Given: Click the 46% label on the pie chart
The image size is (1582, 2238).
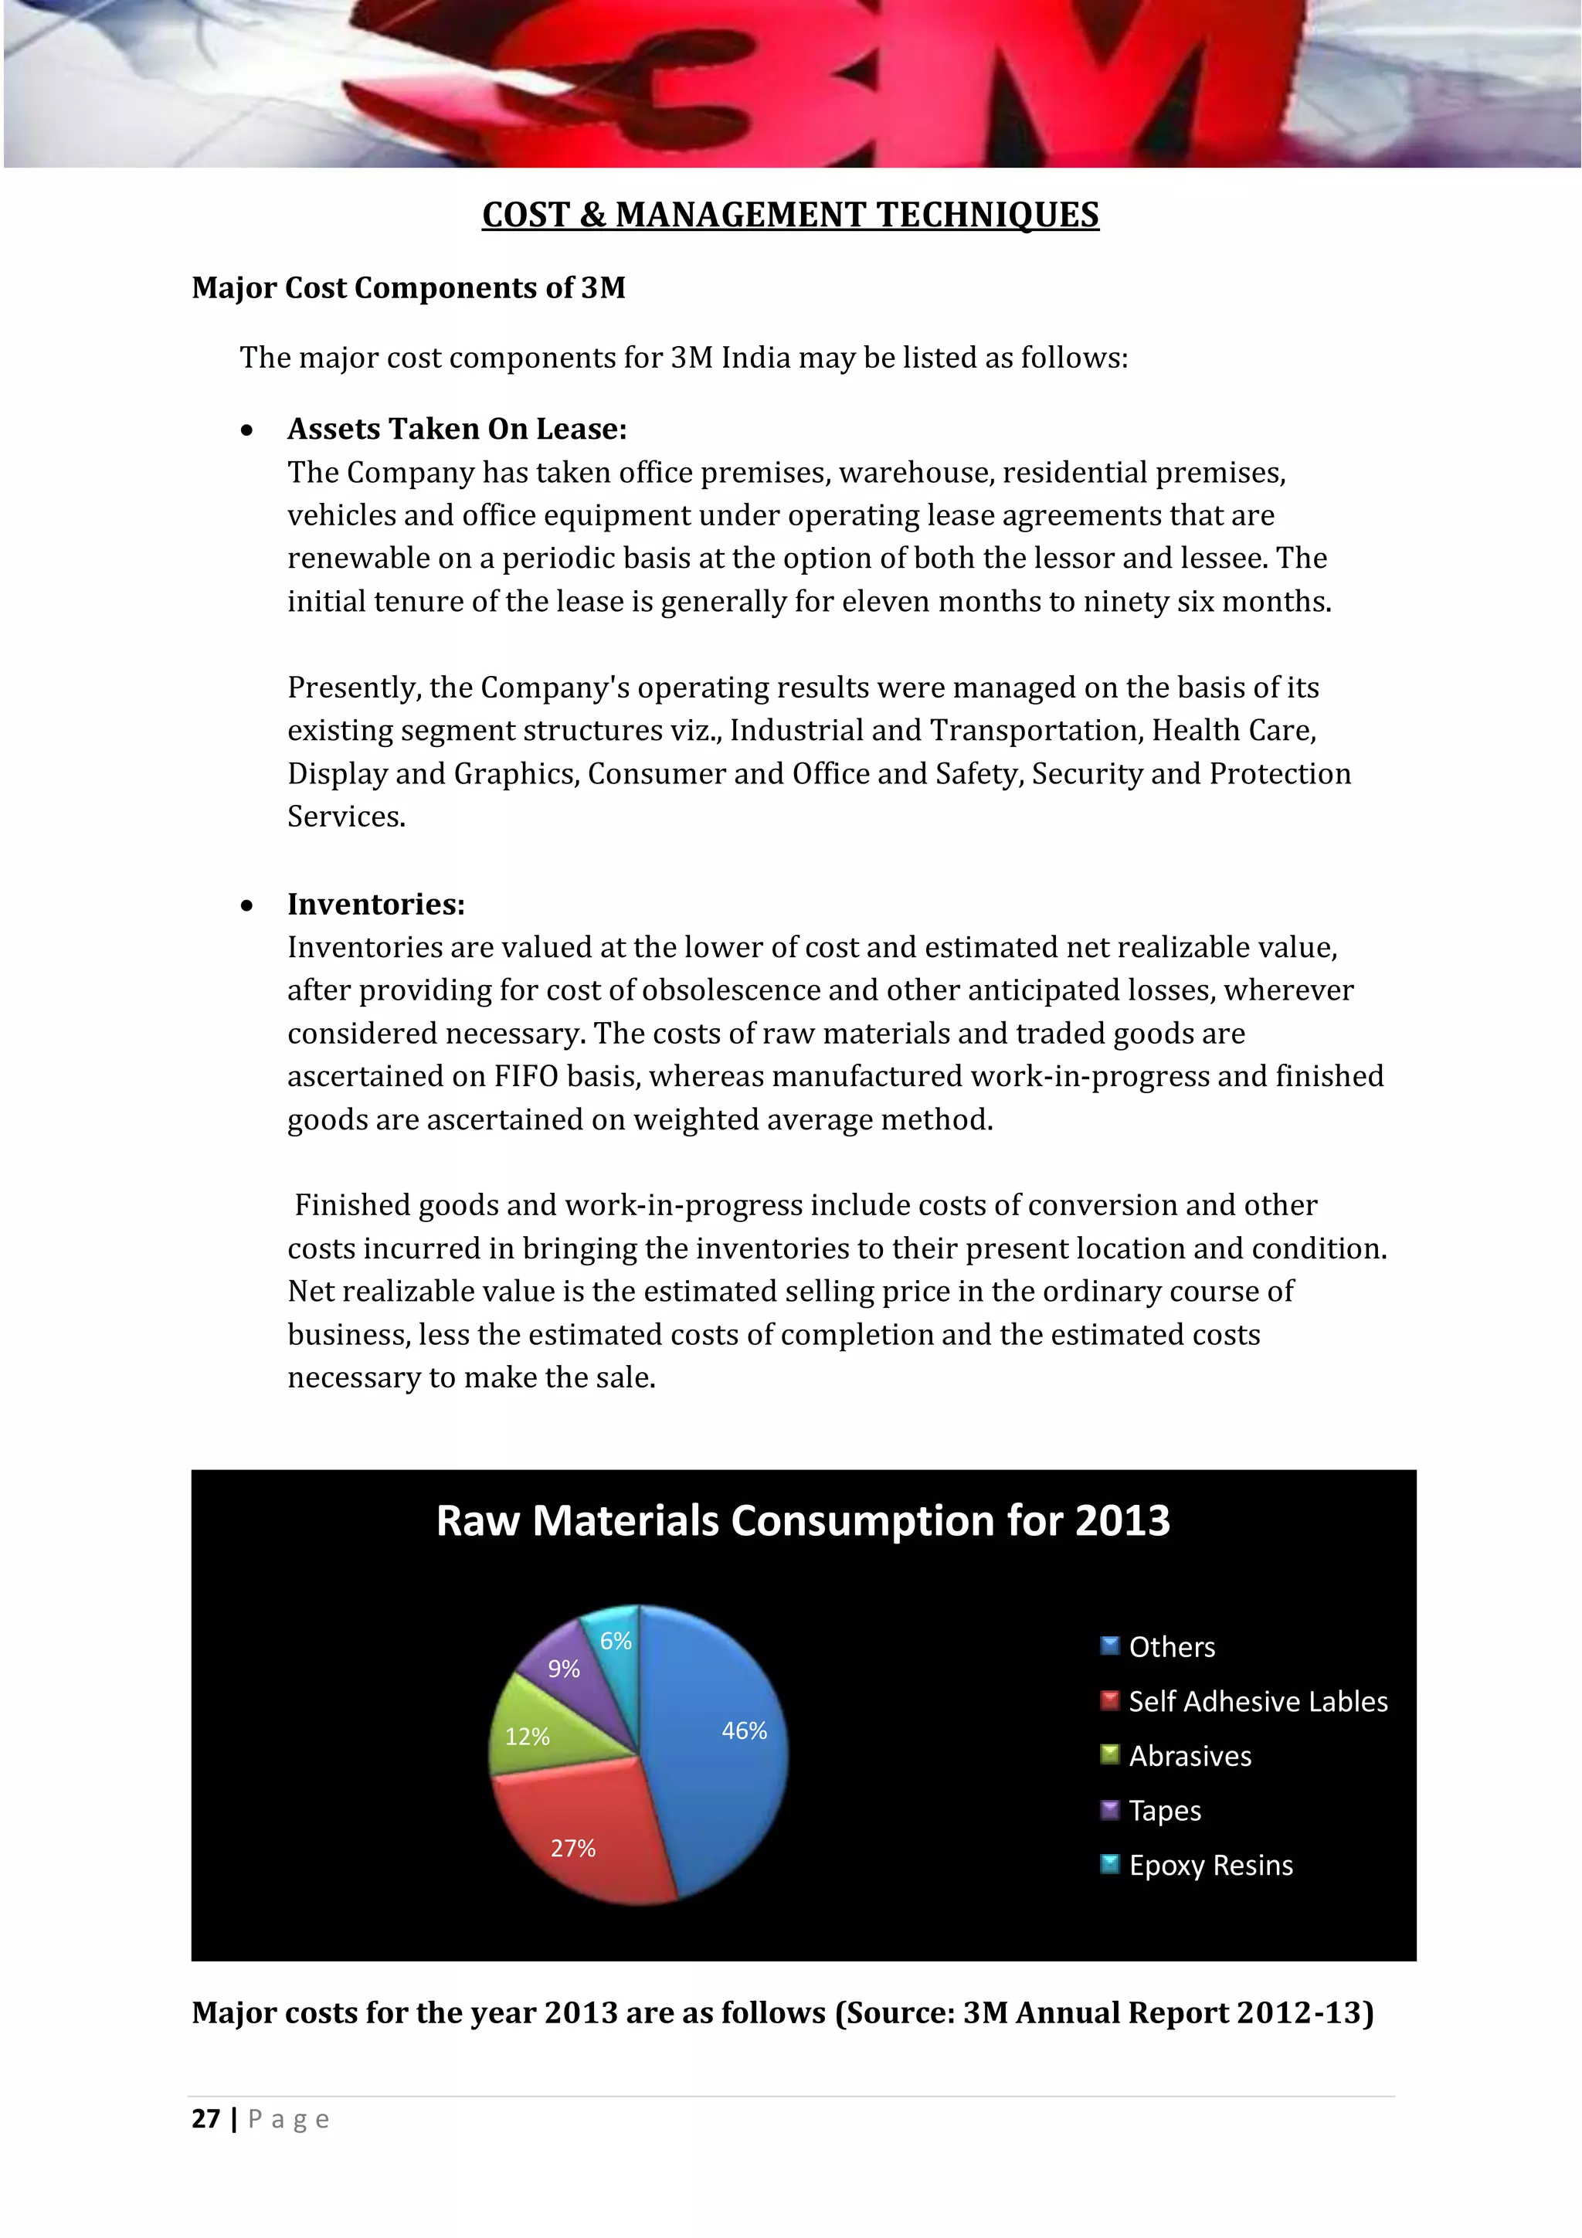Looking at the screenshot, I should coord(744,1730).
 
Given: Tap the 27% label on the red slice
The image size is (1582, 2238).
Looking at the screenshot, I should coord(572,1847).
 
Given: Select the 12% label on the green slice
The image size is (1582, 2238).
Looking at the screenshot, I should coord(528,1736).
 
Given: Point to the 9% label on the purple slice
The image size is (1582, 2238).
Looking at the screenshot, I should coord(563,1669).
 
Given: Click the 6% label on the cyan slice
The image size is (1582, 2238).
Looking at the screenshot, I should coord(615,1641).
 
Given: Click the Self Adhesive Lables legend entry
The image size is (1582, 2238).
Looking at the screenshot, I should coord(1258,1701).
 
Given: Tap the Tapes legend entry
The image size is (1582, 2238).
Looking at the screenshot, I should coord(1164,1810).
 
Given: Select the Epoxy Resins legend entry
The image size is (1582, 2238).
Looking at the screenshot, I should coord(1210,1865).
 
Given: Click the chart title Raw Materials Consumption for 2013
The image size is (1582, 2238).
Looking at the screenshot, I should coord(803,1520).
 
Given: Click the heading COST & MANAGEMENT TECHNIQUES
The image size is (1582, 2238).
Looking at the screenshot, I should coord(790,215).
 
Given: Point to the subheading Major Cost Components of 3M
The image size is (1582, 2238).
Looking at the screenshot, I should coord(409,287).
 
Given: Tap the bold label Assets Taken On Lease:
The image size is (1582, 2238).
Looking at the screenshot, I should coord(457,429).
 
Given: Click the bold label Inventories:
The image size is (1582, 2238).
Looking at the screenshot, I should coord(375,904).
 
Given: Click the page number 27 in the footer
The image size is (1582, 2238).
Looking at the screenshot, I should coord(205,2118).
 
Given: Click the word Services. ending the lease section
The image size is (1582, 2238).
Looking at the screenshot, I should coord(346,816).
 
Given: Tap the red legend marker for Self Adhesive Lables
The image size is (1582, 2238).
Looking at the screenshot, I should coord(1109,1701).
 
